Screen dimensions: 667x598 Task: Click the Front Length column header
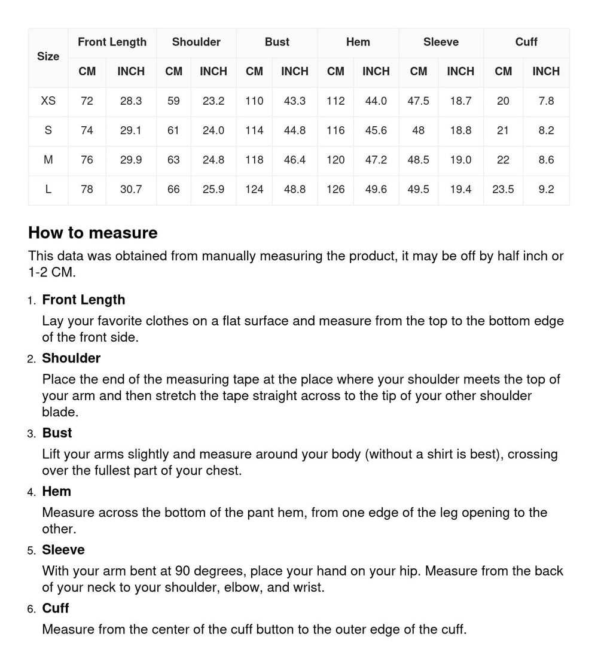(x=112, y=42)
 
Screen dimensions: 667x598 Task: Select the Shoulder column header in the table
(x=196, y=42)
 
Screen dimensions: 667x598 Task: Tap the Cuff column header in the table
(x=526, y=42)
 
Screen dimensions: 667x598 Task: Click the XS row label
(x=48, y=101)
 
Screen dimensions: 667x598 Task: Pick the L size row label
(x=48, y=189)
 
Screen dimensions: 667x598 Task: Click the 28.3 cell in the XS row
(x=131, y=101)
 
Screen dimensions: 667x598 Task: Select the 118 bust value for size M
(x=254, y=160)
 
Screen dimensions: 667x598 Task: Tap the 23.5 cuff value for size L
(x=503, y=189)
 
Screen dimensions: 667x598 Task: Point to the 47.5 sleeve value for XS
(x=419, y=101)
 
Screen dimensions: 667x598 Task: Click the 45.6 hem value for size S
(x=376, y=130)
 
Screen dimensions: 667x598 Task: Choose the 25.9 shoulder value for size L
(x=213, y=189)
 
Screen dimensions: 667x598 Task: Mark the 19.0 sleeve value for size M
(x=460, y=160)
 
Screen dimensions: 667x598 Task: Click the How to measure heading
(x=93, y=233)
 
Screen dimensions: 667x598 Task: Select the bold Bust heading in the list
(x=57, y=433)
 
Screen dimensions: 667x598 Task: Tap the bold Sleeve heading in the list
(x=63, y=550)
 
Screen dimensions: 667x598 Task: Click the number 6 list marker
(x=32, y=609)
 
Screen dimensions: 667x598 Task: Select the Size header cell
(x=48, y=57)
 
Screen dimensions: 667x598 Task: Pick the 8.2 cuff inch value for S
(x=546, y=130)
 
